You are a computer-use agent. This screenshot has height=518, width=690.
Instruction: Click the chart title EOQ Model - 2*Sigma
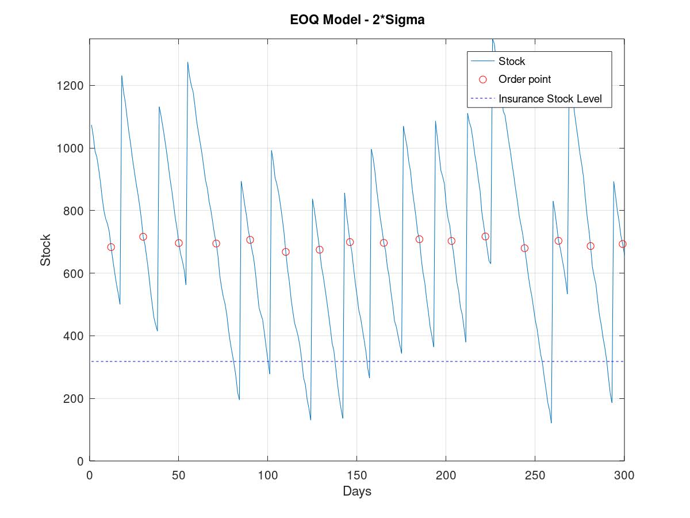pyautogui.click(x=357, y=21)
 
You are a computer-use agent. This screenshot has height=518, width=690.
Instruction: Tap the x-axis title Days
pyautogui.click(x=357, y=491)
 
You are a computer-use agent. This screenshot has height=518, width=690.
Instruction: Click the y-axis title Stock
pyautogui.click(x=45, y=250)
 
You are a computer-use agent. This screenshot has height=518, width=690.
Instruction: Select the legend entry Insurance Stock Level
pyautogui.click(x=550, y=98)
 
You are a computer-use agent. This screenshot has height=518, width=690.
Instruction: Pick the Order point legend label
pyautogui.click(x=524, y=79)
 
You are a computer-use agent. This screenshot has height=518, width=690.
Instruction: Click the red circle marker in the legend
pyautogui.click(x=483, y=79)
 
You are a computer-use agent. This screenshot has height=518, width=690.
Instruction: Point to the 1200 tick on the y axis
pyautogui.click(x=70, y=86)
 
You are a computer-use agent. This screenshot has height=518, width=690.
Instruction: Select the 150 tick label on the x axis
pyautogui.click(x=356, y=475)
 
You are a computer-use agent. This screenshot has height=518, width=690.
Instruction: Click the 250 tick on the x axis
pyautogui.click(x=535, y=475)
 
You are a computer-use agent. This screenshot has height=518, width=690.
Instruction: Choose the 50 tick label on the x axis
pyautogui.click(x=178, y=475)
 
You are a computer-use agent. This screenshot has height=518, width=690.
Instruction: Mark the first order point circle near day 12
pyautogui.click(x=111, y=247)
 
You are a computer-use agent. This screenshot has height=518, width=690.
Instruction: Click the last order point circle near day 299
pyautogui.click(x=622, y=244)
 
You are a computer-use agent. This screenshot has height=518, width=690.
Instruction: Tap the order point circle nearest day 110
pyautogui.click(x=286, y=252)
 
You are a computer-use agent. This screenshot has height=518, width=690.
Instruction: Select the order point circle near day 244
pyautogui.click(x=524, y=248)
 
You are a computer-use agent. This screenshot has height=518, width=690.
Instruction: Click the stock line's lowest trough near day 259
pyautogui.click(x=551, y=423)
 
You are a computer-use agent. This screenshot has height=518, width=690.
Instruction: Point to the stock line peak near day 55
pyautogui.click(x=187, y=62)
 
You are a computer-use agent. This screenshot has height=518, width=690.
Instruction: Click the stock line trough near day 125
pyautogui.click(x=310, y=420)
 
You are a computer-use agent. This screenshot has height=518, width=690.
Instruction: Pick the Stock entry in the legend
pyautogui.click(x=511, y=61)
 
